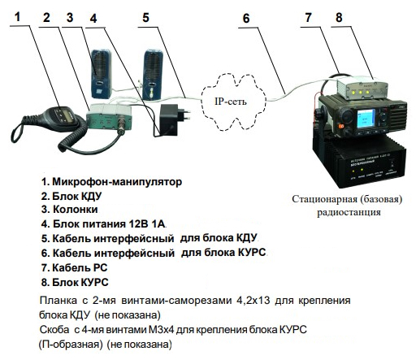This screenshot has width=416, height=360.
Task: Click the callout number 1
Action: [18, 17]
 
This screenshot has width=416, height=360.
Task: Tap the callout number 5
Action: [145, 18]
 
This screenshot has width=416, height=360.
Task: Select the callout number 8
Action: [339, 18]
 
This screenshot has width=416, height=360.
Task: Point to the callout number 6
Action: [246, 19]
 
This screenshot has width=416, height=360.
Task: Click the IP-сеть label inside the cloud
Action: [231, 102]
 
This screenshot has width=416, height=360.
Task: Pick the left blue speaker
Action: [101, 74]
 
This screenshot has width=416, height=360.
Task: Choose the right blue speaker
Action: [153, 74]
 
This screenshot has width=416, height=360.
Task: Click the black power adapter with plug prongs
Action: [174, 120]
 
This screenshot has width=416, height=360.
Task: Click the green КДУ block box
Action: [109, 117]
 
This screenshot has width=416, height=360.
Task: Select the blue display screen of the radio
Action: [366, 119]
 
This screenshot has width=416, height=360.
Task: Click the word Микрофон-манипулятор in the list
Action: [117, 181]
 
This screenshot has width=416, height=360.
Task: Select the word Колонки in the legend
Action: [75, 210]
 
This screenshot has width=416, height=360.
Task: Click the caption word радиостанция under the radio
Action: [349, 212]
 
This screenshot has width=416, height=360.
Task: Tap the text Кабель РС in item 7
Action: [80, 267]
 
